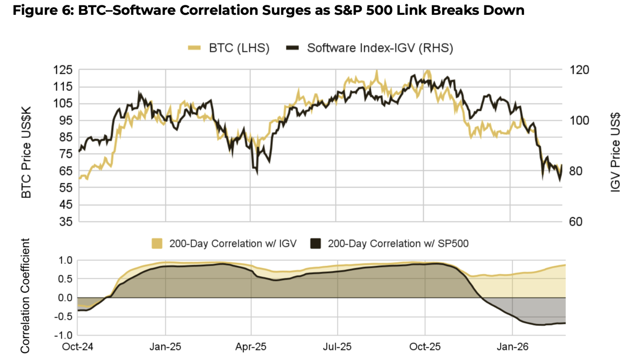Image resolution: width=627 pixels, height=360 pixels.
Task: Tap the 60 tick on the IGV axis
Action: coord(577,222)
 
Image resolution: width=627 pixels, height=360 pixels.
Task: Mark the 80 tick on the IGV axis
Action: coord(577,171)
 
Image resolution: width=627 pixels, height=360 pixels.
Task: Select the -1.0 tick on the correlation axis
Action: coord(65,335)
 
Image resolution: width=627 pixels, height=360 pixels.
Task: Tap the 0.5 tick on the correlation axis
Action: coord(67,279)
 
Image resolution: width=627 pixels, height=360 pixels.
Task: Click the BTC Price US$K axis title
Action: coord(27,146)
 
